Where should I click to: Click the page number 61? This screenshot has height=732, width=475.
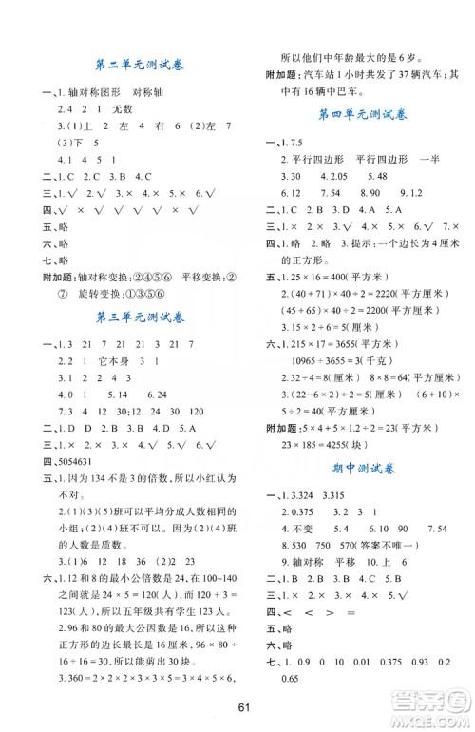(x=237, y=705)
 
